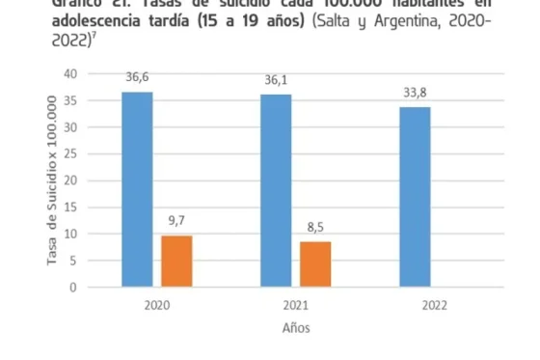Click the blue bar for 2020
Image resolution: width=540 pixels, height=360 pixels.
tap(137, 189)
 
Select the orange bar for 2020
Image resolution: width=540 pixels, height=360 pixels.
tap(176, 261)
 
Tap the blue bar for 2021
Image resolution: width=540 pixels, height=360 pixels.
tap(276, 190)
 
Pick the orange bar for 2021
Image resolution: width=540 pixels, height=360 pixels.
tap(315, 263)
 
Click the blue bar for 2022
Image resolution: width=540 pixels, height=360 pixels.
tap(415, 197)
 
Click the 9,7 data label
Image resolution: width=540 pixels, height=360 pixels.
tap(177, 221)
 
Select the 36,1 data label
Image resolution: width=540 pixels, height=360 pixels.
tap(276, 81)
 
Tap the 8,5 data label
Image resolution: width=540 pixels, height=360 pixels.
tap(316, 228)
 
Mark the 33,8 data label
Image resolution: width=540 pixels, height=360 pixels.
tap(416, 94)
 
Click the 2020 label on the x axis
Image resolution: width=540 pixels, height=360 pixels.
tap(156, 303)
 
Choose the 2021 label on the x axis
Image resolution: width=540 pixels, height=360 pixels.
tap(295, 303)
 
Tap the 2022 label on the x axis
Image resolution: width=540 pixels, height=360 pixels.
tap(435, 303)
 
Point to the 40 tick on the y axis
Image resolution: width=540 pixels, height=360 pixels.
tap(70, 73)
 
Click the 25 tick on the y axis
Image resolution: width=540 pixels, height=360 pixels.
tap(70, 153)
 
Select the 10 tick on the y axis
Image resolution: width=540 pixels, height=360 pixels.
tap(70, 234)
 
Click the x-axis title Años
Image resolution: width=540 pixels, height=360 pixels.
tap(296, 328)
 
